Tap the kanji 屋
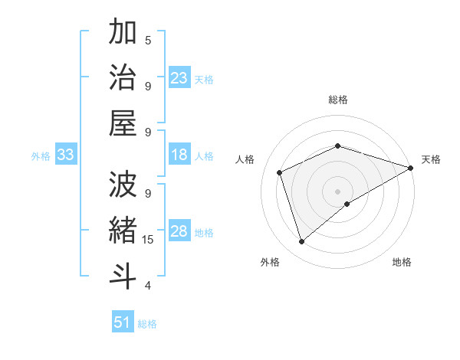pyautogui.click(x=123, y=124)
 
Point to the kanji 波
pyautogui.click(x=123, y=186)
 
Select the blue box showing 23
pyautogui.click(x=179, y=78)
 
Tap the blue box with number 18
pyautogui.click(x=179, y=155)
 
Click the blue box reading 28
pyautogui.click(x=179, y=232)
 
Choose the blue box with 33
pyautogui.click(x=66, y=155)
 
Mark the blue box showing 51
pyautogui.click(x=123, y=322)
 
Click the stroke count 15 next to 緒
pyautogui.click(x=149, y=240)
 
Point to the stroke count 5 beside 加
pyautogui.click(x=148, y=40)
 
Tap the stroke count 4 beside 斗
pyautogui.click(x=148, y=286)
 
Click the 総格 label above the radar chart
pyautogui.click(x=337, y=100)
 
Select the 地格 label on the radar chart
pyautogui.click(x=402, y=262)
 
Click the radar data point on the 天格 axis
pyautogui.click(x=412, y=168)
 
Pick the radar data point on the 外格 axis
pyautogui.click(x=301, y=242)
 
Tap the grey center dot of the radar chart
pyautogui.click(x=337, y=191)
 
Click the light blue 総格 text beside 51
pyautogui.click(x=147, y=324)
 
